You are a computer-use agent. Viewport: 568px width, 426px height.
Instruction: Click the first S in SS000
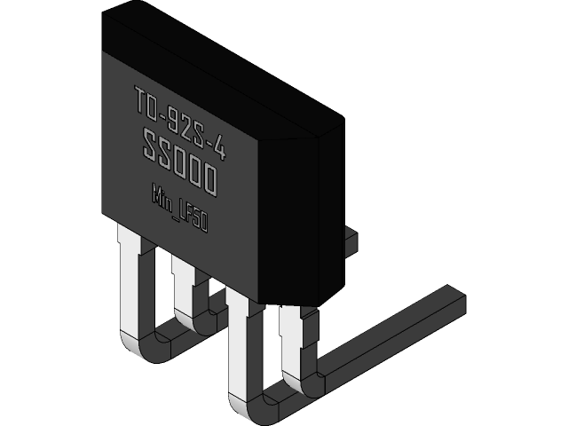click(x=152, y=145)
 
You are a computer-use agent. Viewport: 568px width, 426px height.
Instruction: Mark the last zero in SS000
click(x=209, y=181)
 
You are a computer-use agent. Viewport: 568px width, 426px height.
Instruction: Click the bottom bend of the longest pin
click(x=253, y=409)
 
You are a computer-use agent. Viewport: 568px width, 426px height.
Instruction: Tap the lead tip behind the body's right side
click(x=351, y=237)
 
